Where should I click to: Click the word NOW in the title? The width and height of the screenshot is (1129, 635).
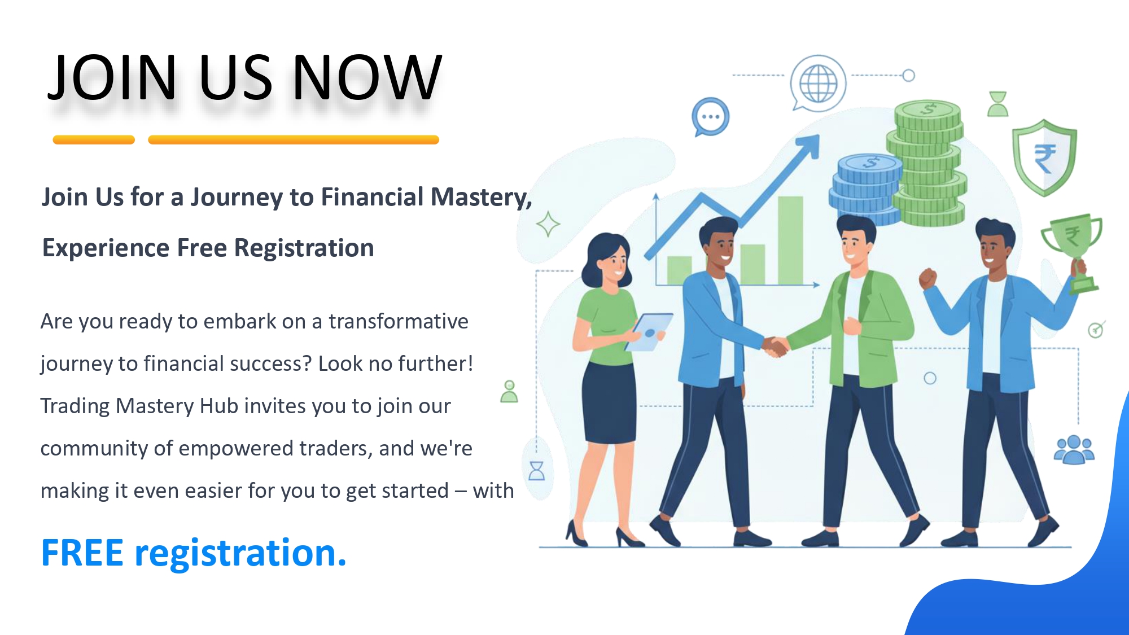tap(367, 77)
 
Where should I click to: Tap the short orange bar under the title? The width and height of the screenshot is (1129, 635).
tap(94, 140)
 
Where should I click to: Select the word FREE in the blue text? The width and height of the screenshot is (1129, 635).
tap(82, 553)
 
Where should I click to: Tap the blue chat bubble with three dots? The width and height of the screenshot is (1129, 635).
tap(710, 117)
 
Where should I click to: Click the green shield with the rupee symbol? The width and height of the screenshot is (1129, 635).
tap(1044, 157)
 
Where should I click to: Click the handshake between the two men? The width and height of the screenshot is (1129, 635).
tap(776, 346)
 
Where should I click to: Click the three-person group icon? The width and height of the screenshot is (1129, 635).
tap(1074, 450)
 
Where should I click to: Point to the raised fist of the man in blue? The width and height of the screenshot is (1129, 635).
tap(927, 278)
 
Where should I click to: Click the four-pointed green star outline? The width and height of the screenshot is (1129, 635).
tap(548, 224)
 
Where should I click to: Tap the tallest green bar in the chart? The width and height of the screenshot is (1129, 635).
tap(790, 240)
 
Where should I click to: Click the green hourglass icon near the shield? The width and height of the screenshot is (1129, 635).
tap(998, 104)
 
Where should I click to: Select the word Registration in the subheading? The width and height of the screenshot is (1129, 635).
tap(304, 248)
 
